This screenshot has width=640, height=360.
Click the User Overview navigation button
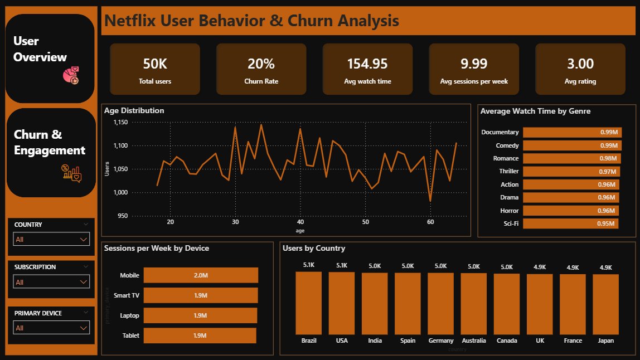coord(50,58)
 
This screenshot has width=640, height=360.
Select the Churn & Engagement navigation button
coord(50,152)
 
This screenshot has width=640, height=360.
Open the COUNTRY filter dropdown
coord(51,240)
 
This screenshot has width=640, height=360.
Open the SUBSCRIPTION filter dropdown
coord(51,282)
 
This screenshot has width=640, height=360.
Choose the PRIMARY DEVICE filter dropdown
coord(51,328)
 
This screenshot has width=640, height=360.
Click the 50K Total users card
coord(155,69)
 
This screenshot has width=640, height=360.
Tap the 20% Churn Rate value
coord(261,64)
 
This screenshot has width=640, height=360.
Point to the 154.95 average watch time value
coord(367,64)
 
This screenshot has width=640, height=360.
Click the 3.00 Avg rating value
coord(580,64)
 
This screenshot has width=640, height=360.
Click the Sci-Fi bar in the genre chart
coord(570,223)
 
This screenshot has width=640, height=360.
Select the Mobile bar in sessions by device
coord(201,275)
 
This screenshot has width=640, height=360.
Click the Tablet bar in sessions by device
coord(200,335)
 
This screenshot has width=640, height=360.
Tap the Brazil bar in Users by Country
coord(308,303)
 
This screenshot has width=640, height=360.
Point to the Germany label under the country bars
coord(440,340)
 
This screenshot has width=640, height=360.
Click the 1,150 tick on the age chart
coord(120,123)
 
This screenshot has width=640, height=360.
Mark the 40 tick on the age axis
coord(300,222)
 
